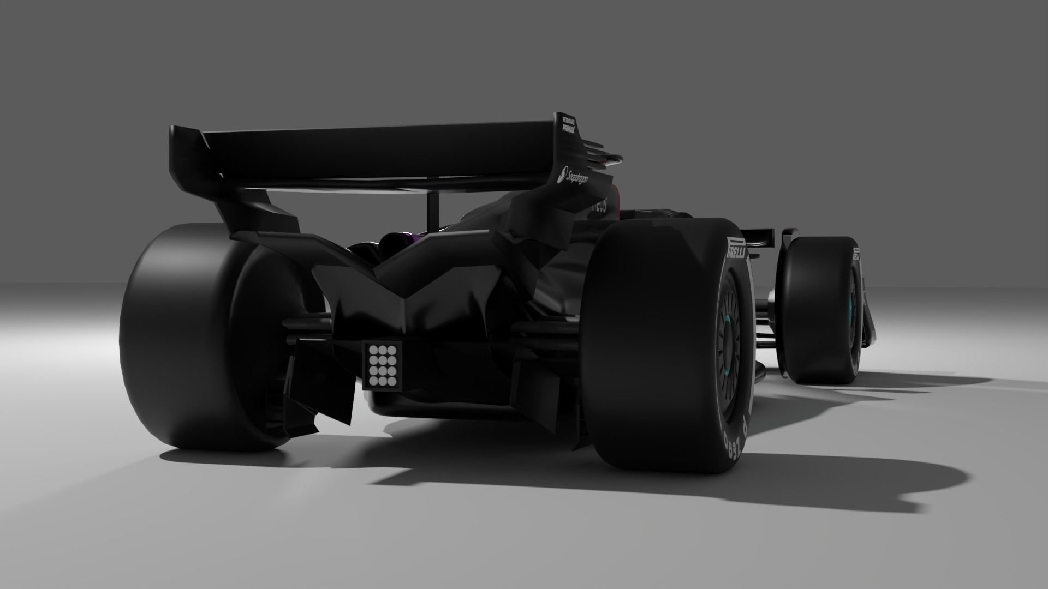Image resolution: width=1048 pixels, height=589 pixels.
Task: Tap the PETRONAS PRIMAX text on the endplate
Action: click(x=569, y=124)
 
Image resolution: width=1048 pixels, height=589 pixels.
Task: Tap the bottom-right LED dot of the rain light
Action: click(x=391, y=380)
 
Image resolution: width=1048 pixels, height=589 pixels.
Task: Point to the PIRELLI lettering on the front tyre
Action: click(x=856, y=254)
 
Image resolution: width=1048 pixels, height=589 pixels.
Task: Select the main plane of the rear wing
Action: click(x=371, y=158)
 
